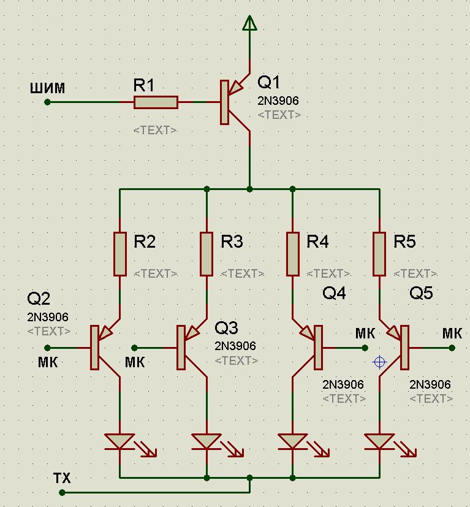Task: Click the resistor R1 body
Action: coord(156,102)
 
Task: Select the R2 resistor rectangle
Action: coord(120,253)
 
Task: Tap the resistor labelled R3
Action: coord(207,253)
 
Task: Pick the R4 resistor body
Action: coord(293,253)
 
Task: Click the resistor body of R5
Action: coord(380,253)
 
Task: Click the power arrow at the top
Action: coord(249,23)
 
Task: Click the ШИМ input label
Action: coord(47,88)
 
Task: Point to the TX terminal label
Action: coord(62,478)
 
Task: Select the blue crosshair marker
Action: coord(379,362)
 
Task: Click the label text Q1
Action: coord(269,82)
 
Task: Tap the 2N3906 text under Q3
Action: coord(235,346)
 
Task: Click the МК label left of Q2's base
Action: coord(47,362)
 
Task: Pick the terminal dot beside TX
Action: coord(62,492)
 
